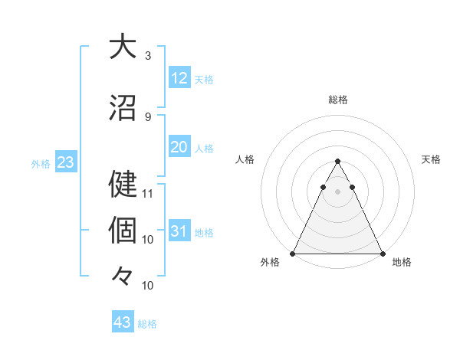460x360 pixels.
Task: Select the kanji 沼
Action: click(123, 108)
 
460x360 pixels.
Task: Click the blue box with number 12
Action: click(179, 78)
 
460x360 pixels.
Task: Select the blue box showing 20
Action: click(179, 147)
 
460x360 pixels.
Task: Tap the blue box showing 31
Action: click(179, 231)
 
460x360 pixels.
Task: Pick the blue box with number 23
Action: click(65, 162)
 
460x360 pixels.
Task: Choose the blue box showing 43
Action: click(123, 322)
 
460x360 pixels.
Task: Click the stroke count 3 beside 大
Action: click(148, 56)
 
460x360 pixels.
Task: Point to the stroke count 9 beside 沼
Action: click(148, 117)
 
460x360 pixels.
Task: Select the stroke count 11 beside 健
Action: click(149, 193)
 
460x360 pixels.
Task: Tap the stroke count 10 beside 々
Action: click(149, 286)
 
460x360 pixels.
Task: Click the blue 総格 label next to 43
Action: click(147, 324)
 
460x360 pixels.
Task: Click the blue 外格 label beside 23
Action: click(41, 163)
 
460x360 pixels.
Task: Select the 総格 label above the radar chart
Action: click(337, 100)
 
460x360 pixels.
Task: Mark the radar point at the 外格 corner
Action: click(293, 253)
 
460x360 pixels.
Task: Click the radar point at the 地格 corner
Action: click(383, 253)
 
